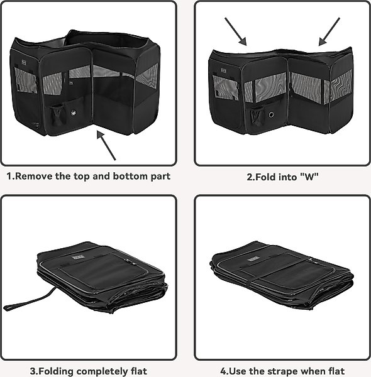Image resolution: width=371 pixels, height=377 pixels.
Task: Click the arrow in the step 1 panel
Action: coord(106,145)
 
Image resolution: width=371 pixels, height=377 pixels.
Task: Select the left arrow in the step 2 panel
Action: coord(236,31)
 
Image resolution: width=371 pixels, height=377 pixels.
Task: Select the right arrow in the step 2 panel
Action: coord(329,31)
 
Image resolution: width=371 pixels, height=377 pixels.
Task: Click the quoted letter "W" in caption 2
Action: coord(309,177)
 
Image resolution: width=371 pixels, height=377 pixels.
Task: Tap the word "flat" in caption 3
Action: coord(139,371)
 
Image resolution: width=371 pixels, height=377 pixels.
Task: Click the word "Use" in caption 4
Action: coord(236,371)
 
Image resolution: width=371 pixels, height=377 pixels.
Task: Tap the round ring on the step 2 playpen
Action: coord(271,114)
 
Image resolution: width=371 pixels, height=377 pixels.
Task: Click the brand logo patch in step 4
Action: coord(253,259)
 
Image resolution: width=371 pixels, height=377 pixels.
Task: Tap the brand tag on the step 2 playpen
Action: coord(223,70)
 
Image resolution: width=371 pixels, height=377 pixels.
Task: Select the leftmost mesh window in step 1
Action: coord(26,80)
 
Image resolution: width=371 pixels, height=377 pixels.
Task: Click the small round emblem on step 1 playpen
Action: coord(73,112)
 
